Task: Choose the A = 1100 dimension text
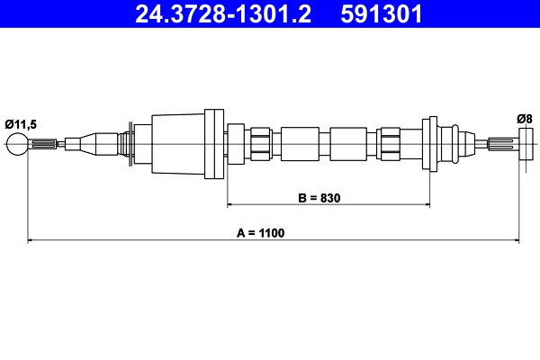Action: tap(260, 233)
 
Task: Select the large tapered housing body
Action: tap(180, 142)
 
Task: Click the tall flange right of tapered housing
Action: tap(215, 142)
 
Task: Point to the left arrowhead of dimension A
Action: tap(33, 240)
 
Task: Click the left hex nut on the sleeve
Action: tap(259, 142)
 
